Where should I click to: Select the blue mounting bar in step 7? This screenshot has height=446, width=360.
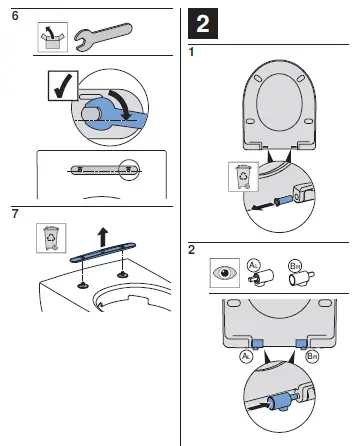[x=101, y=257]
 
